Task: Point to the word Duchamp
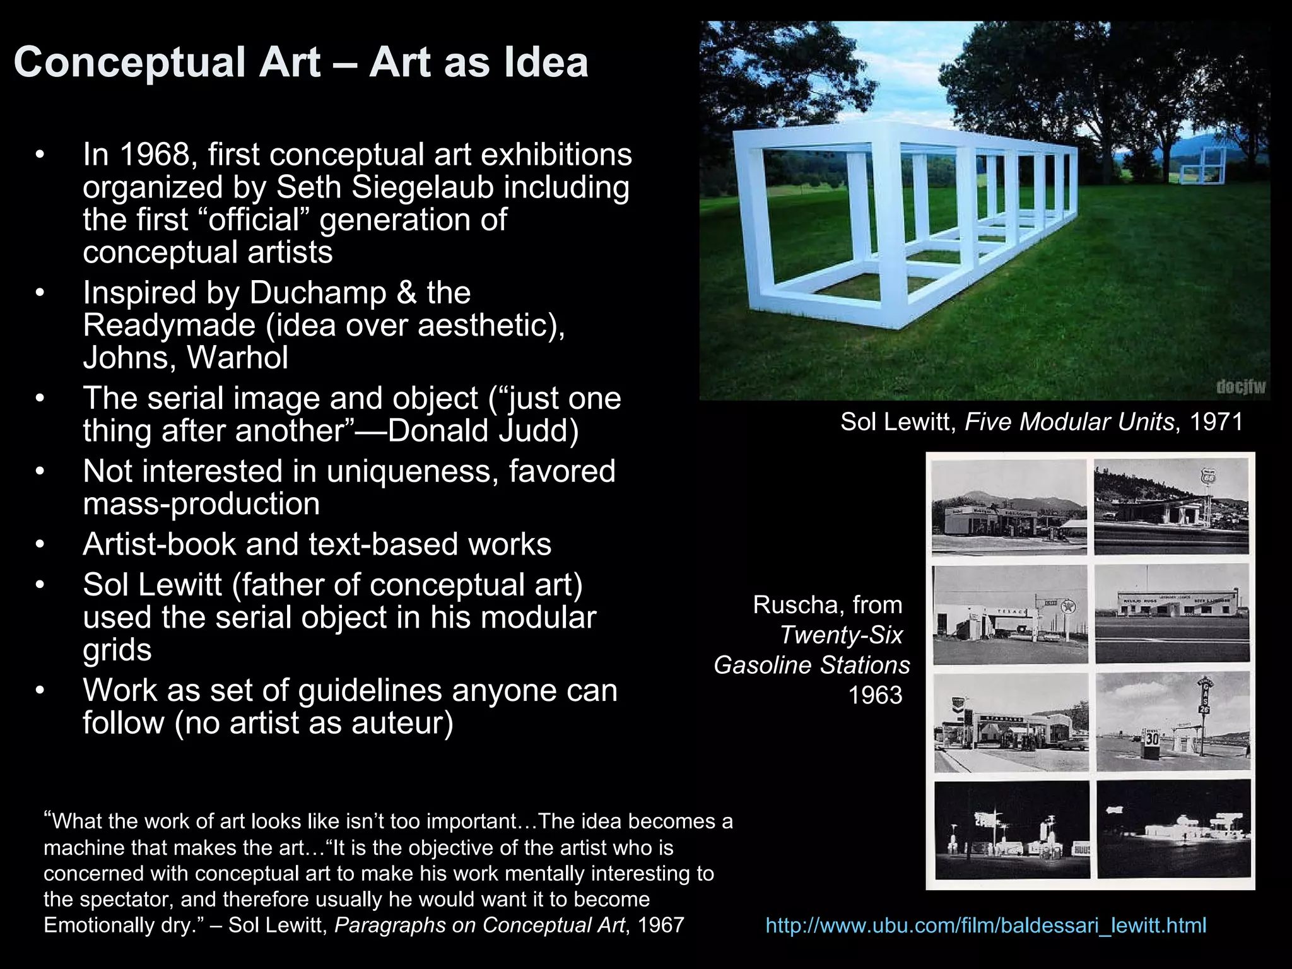pyautogui.click(x=318, y=293)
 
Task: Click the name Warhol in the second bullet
pyautogui.click(x=238, y=358)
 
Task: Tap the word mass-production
pyautogui.click(x=201, y=504)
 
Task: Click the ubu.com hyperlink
pyautogui.click(x=985, y=925)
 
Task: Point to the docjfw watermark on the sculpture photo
pyautogui.click(x=1240, y=387)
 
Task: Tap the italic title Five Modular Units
pyautogui.click(x=1069, y=422)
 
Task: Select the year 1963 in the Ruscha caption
pyautogui.click(x=875, y=695)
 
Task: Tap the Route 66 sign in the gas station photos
pyautogui.click(x=1209, y=477)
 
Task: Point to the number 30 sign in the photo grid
pyautogui.click(x=1152, y=738)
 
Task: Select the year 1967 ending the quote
pyautogui.click(x=661, y=925)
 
